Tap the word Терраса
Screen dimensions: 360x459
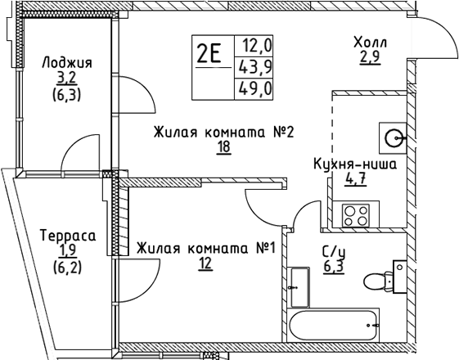pyautogui.click(x=68, y=236)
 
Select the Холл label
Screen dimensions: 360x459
pyautogui.click(x=370, y=43)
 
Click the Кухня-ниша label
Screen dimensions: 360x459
pyautogui.click(x=356, y=164)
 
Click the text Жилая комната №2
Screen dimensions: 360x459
pyautogui.click(x=223, y=132)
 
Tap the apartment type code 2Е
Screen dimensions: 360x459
pyautogui.click(x=209, y=55)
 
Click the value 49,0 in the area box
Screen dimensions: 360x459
pyautogui.click(x=255, y=86)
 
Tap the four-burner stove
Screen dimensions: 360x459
pyautogui.click(x=358, y=215)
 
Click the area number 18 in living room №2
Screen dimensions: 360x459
pyautogui.click(x=223, y=147)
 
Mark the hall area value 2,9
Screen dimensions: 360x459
pyautogui.click(x=370, y=59)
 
